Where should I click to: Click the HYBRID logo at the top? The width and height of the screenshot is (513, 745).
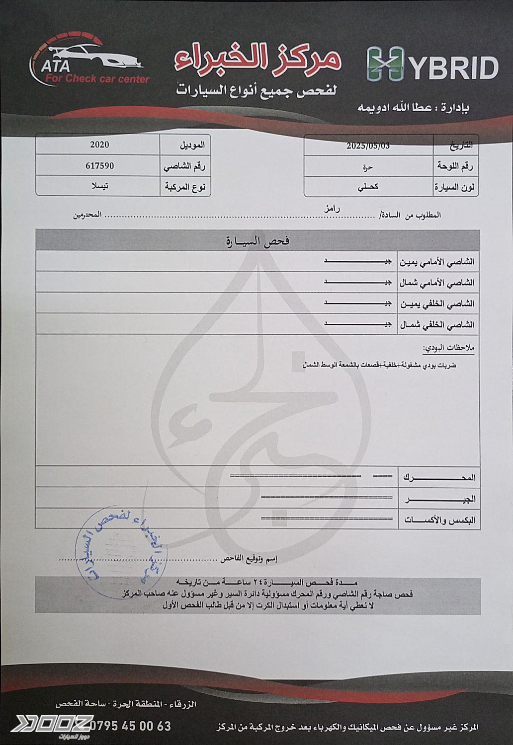click(432, 65)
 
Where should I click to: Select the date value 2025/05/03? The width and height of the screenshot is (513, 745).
click(368, 146)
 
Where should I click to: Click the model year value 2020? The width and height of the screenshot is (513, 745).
click(99, 145)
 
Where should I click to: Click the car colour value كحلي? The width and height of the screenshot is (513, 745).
click(368, 187)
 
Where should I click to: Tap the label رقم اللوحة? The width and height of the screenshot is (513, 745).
click(455, 166)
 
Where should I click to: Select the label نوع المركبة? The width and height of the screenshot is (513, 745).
click(185, 187)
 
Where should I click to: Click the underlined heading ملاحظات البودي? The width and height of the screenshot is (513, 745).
click(448, 348)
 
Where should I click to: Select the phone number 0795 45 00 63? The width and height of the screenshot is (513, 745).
click(130, 726)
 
